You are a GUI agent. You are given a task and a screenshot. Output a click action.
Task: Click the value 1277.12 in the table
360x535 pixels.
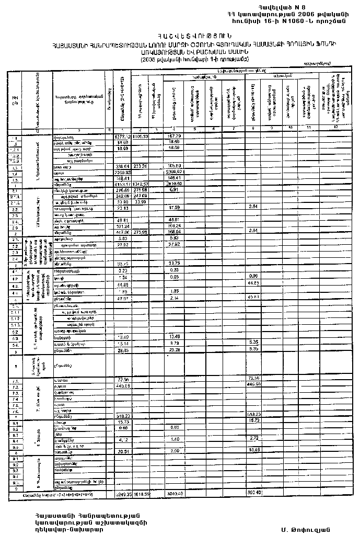tap(122, 136)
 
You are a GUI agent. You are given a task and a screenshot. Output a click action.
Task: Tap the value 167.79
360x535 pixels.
tap(174, 136)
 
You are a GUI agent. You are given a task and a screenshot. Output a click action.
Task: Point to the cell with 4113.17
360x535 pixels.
tap(122, 184)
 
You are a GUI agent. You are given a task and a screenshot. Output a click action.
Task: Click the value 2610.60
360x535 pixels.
tap(174, 184)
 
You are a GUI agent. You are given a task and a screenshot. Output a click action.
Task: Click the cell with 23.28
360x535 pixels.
tap(175, 350)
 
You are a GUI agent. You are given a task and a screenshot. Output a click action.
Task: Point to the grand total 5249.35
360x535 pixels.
tap(122, 493)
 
